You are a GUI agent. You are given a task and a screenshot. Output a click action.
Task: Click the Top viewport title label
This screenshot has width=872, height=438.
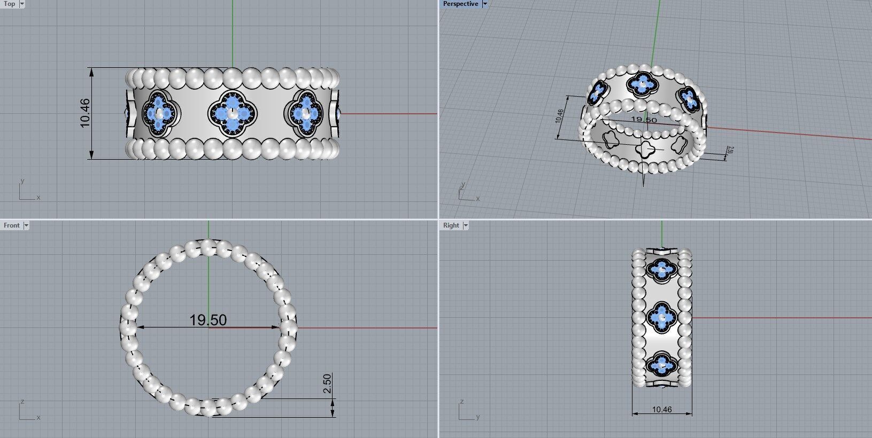(x=10, y=4)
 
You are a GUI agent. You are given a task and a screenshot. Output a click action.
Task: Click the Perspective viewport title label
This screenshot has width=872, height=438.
(x=460, y=4)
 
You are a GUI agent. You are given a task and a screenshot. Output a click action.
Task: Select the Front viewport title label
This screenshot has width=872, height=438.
(x=11, y=225)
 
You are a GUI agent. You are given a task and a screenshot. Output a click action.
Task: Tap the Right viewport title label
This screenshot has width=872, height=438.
(x=451, y=225)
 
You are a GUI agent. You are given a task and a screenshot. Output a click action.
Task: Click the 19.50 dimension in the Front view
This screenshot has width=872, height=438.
(x=208, y=320)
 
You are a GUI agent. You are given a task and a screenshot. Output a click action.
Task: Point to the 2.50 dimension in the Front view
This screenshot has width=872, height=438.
(x=327, y=384)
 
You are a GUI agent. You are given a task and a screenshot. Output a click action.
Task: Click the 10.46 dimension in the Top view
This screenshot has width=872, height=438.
(x=85, y=113)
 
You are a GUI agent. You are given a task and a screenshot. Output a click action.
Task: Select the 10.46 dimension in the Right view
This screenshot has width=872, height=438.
(x=662, y=410)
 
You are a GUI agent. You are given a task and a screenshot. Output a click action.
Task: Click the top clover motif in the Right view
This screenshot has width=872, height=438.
(x=662, y=270)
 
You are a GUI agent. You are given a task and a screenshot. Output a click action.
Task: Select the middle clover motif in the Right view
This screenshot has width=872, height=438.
(x=662, y=318)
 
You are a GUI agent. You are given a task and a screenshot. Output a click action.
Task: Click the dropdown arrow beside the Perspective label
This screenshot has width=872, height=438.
(x=485, y=4)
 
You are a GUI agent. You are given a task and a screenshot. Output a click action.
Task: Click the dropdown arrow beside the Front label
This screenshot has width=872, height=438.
(x=26, y=225)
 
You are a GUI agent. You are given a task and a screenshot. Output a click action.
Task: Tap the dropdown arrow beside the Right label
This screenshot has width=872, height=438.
(x=466, y=225)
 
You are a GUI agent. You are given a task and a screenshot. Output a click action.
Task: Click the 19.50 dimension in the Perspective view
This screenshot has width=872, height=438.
(x=644, y=120)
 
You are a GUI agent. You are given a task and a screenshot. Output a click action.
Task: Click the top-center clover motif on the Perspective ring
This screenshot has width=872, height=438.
(x=642, y=84)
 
